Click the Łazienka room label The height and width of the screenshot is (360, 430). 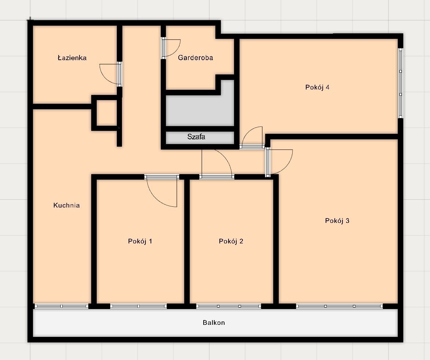pos(72,58)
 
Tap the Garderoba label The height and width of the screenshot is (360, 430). pos(196,58)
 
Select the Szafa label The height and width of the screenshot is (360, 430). pos(196,137)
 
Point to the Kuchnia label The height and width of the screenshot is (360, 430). pos(67,205)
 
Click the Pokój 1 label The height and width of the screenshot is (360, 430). pos(140,241)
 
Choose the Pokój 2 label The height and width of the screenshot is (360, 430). pos(231,241)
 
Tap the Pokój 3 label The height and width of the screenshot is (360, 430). pos(337,221)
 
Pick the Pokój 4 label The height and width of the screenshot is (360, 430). pos(317,87)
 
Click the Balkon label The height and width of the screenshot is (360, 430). pos(214,322)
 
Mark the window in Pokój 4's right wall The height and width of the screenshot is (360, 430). pos(400,83)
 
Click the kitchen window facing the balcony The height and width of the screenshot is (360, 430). pos(62,306)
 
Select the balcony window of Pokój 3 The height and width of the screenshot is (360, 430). pos(339,306)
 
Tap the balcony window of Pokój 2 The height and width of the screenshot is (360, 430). pos(229,306)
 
